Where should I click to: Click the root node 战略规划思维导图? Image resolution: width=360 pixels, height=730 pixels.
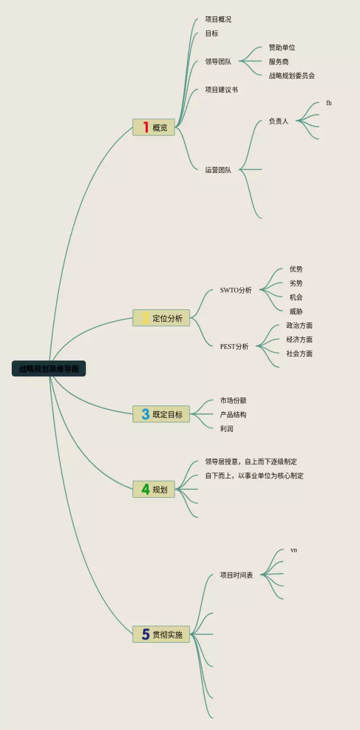click(49, 369)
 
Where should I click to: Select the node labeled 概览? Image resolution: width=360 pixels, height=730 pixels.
click(154, 128)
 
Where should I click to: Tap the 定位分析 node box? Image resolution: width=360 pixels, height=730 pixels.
click(161, 318)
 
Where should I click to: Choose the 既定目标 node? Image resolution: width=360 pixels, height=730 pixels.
click(161, 414)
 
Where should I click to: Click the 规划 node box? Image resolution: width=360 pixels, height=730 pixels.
click(154, 489)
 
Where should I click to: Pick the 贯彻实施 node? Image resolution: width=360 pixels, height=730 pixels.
click(161, 634)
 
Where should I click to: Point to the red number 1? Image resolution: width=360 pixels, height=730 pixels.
click(145, 128)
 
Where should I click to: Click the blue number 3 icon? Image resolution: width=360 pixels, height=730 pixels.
click(145, 414)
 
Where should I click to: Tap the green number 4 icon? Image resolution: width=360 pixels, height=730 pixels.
click(145, 489)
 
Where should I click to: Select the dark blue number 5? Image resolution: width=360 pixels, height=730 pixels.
click(145, 634)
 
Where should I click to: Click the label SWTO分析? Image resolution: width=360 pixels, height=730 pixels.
click(236, 291)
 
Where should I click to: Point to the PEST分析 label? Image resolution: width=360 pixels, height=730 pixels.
click(234, 347)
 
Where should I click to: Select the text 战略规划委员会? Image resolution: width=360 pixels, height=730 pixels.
click(291, 76)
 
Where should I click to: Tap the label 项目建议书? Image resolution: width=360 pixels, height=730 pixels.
click(221, 90)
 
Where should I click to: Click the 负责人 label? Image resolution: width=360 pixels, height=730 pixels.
click(278, 121)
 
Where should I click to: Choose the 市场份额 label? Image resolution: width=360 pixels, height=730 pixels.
click(233, 401)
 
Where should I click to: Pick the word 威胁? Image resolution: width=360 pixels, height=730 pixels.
click(296, 312)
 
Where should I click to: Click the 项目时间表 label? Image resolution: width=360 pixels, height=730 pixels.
click(236, 575)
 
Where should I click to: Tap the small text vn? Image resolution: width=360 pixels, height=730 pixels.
click(294, 550)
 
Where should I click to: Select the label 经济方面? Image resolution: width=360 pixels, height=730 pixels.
click(299, 340)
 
